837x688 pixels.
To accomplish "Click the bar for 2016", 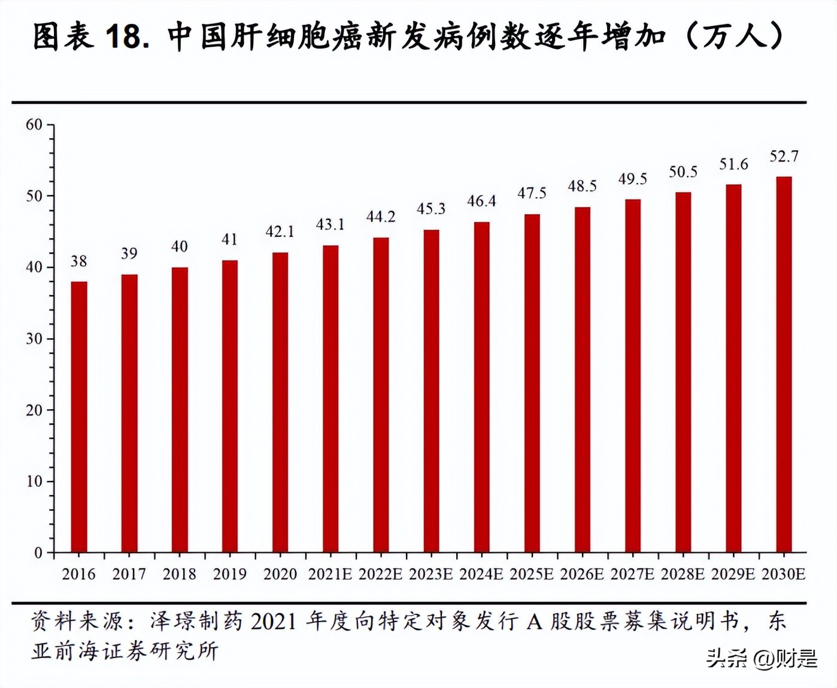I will [79, 416].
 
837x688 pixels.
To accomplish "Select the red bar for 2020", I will [280, 402].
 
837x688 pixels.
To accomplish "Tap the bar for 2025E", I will [532, 383].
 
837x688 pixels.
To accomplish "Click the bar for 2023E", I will [431, 391].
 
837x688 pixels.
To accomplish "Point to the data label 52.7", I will [784, 157].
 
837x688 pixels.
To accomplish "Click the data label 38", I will [79, 261].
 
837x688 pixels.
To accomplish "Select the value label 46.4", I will [481, 202].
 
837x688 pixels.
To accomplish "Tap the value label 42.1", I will [280, 232].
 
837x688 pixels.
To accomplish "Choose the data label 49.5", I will [633, 179].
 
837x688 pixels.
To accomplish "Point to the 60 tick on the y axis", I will [34, 125].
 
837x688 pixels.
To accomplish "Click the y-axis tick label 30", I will [34, 339].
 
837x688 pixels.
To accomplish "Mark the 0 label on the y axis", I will [38, 553].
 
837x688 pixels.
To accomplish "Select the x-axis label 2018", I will [179, 574].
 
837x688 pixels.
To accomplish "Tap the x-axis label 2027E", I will [632, 574].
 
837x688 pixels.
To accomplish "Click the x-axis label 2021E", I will [330, 574].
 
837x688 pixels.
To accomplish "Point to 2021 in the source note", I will [274, 622].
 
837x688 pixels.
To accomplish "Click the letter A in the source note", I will [534, 622].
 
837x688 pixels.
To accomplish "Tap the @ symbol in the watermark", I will [763, 659].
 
